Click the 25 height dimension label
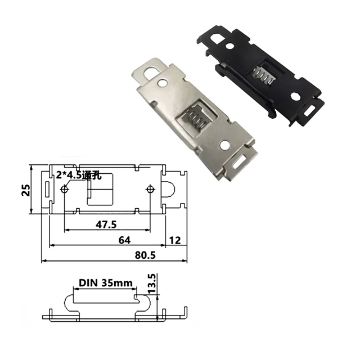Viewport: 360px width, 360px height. coord(25,190)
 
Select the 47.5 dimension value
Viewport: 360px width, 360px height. coord(106,224)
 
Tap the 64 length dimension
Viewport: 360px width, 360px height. coord(125,240)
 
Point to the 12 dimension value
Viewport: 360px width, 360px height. coord(174,240)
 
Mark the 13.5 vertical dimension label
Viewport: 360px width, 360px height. coord(151,284)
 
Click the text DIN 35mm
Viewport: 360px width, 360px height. coord(102,283)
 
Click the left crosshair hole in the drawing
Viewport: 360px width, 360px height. coord(65,189)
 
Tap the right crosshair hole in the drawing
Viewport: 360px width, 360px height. coord(150,189)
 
